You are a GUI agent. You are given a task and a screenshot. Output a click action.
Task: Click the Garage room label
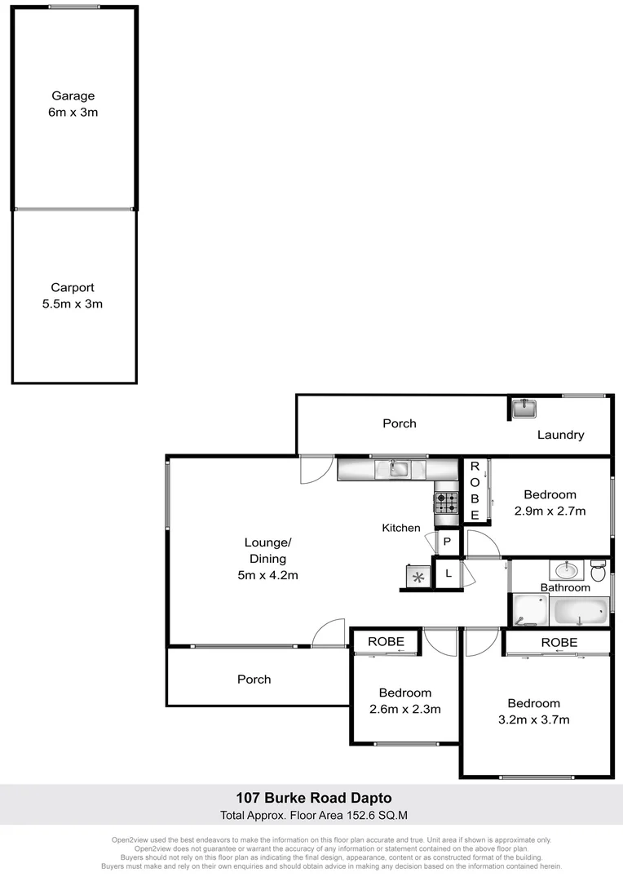pyautogui.click(x=73, y=95)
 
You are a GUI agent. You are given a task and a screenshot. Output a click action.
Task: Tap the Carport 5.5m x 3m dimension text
pyautogui.click(x=73, y=303)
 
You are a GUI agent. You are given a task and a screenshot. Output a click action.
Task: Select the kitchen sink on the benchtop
pyautogui.click(x=399, y=468)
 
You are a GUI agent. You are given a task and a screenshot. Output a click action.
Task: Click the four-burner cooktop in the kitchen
pyautogui.click(x=445, y=502)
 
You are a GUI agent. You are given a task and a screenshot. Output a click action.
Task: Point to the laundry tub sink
pyautogui.click(x=523, y=407)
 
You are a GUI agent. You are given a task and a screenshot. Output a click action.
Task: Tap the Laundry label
pyautogui.click(x=560, y=435)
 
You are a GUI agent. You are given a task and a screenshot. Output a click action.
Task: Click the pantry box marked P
pyautogui.click(x=447, y=542)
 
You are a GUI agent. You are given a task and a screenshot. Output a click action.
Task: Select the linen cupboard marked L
pyautogui.click(x=448, y=573)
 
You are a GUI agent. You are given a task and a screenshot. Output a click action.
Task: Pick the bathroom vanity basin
pyautogui.click(x=563, y=569)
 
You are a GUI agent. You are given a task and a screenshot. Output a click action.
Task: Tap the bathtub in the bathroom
pyautogui.click(x=581, y=609)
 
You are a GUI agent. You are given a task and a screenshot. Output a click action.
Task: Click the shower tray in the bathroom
pyautogui.click(x=531, y=609)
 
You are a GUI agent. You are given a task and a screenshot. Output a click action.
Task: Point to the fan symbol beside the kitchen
pyautogui.click(x=418, y=578)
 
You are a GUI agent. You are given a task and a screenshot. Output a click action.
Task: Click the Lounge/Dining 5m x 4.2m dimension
pyautogui.click(x=267, y=575)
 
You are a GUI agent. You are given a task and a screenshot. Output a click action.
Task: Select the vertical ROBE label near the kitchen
pyautogui.click(x=475, y=491)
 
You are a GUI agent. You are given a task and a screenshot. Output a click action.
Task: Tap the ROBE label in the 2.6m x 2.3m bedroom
pyautogui.click(x=386, y=642)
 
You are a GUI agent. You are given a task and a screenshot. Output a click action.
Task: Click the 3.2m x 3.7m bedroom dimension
pyautogui.click(x=534, y=719)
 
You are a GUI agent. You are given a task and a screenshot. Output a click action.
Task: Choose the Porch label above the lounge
pyautogui.click(x=400, y=423)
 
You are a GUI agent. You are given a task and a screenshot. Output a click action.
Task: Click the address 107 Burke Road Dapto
pyautogui.click(x=313, y=797)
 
